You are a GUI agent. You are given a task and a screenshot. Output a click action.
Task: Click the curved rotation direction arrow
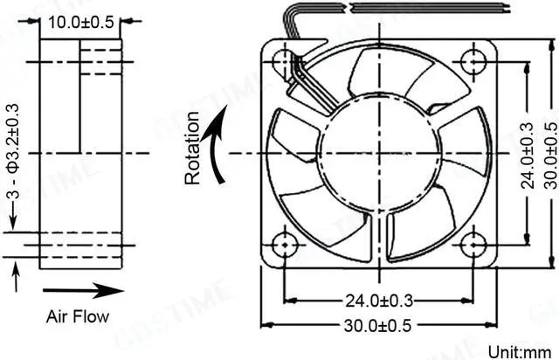217,143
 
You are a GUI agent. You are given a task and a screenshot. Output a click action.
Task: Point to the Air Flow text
79,316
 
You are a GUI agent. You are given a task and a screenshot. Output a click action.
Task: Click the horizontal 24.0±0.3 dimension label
378,301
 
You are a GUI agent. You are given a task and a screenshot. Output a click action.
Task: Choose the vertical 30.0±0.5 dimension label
549,155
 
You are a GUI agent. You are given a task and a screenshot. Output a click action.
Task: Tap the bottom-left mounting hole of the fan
284,246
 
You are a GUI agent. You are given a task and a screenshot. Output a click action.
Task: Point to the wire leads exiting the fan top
306,26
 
